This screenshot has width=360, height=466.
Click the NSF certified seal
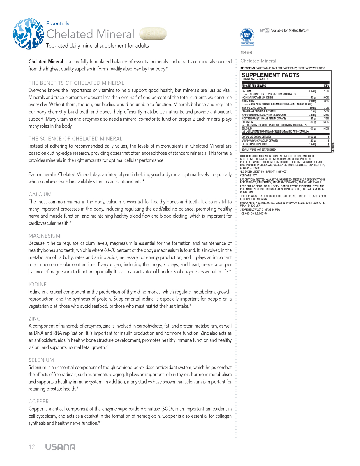point(247,35)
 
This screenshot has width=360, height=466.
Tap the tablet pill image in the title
point(153,34)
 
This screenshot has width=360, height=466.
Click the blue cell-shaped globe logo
point(28,33)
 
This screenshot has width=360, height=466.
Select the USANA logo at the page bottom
point(60,447)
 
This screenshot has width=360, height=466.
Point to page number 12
point(32,447)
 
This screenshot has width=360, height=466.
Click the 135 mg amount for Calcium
point(312,91)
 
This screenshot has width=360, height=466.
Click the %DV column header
point(326,86)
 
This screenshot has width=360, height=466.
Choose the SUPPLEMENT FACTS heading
point(271,75)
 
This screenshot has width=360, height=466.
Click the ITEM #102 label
point(246,53)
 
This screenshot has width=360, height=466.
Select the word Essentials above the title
point(58,24)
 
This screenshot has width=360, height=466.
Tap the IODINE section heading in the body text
point(38,284)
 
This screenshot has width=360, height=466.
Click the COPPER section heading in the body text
point(39,401)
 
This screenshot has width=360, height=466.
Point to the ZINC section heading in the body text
point(35,319)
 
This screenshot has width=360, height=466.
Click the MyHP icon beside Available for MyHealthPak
point(264,30)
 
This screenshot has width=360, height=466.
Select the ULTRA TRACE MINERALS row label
point(254,144)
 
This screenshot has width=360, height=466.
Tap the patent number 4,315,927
point(280,172)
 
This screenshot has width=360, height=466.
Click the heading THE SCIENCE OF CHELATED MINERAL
point(75,139)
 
